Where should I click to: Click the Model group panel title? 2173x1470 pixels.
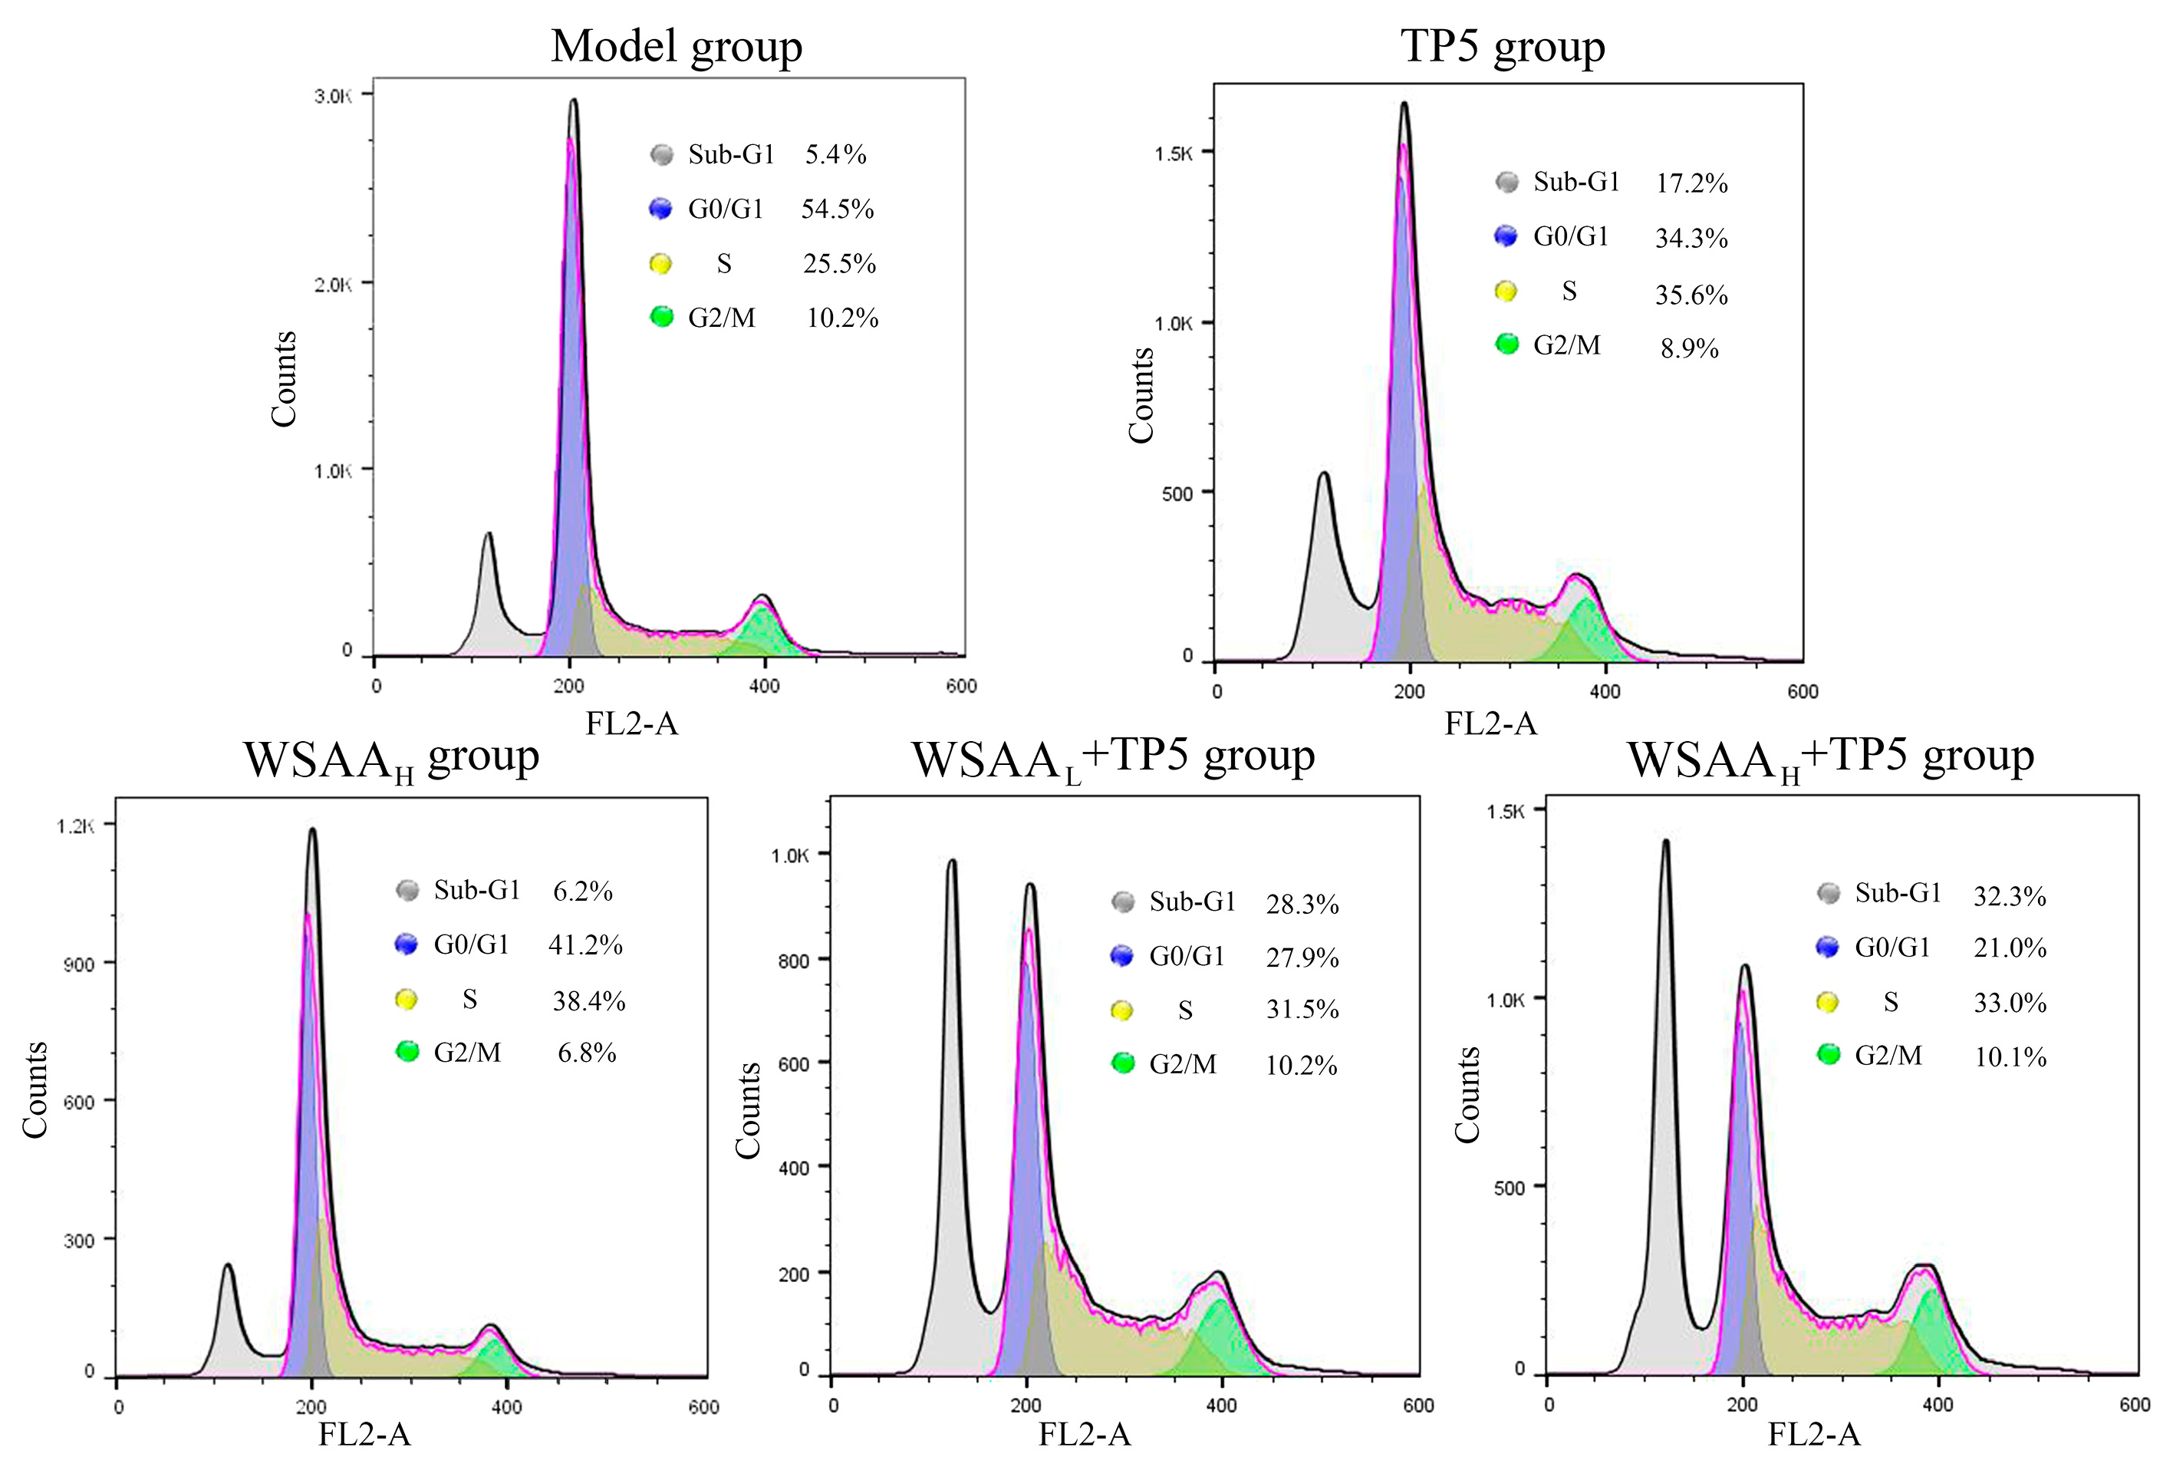[676, 47]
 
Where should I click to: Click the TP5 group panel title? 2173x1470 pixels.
[1503, 47]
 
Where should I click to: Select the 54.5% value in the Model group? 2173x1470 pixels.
[837, 209]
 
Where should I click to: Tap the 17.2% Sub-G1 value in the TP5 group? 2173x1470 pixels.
[1691, 183]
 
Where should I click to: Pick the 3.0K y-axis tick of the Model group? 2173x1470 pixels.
[333, 97]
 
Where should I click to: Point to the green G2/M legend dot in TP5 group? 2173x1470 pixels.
[1506, 344]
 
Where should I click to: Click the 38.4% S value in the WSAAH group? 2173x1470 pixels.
[588, 1001]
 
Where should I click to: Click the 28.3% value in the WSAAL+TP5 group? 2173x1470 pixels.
[1302, 905]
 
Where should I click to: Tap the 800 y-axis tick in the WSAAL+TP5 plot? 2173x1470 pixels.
[793, 961]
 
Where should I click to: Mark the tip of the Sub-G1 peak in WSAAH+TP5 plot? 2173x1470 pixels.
[1665, 841]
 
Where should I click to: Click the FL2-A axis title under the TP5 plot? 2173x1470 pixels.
[1490, 723]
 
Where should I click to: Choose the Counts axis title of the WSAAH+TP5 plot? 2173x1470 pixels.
[1467, 1094]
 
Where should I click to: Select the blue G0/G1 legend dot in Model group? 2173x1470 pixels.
[660, 209]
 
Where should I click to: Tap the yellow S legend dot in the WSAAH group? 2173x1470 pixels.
[406, 1000]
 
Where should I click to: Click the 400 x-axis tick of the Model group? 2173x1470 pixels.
[764, 687]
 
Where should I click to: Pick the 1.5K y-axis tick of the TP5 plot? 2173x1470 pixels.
[1174, 154]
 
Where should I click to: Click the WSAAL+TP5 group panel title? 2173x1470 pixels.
[1113, 757]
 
